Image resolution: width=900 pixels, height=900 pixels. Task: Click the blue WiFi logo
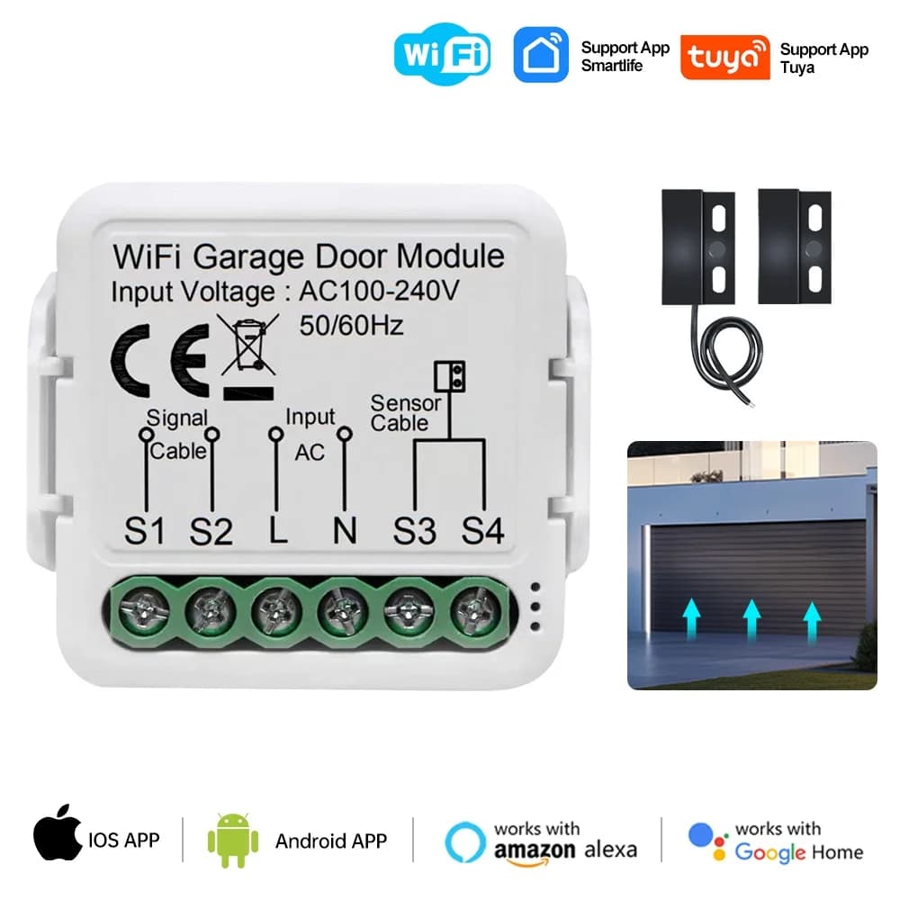coord(442,53)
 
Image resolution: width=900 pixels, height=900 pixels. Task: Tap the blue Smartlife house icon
coord(541,54)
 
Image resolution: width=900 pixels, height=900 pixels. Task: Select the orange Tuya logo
coord(724,57)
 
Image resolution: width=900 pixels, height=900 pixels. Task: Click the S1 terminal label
coord(144,531)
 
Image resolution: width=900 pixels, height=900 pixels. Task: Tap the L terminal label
coord(278,531)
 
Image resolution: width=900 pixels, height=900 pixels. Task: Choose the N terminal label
coord(345,531)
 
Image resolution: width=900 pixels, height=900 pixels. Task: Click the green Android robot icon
coord(232,839)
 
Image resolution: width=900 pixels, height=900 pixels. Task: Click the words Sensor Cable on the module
coord(405,412)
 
